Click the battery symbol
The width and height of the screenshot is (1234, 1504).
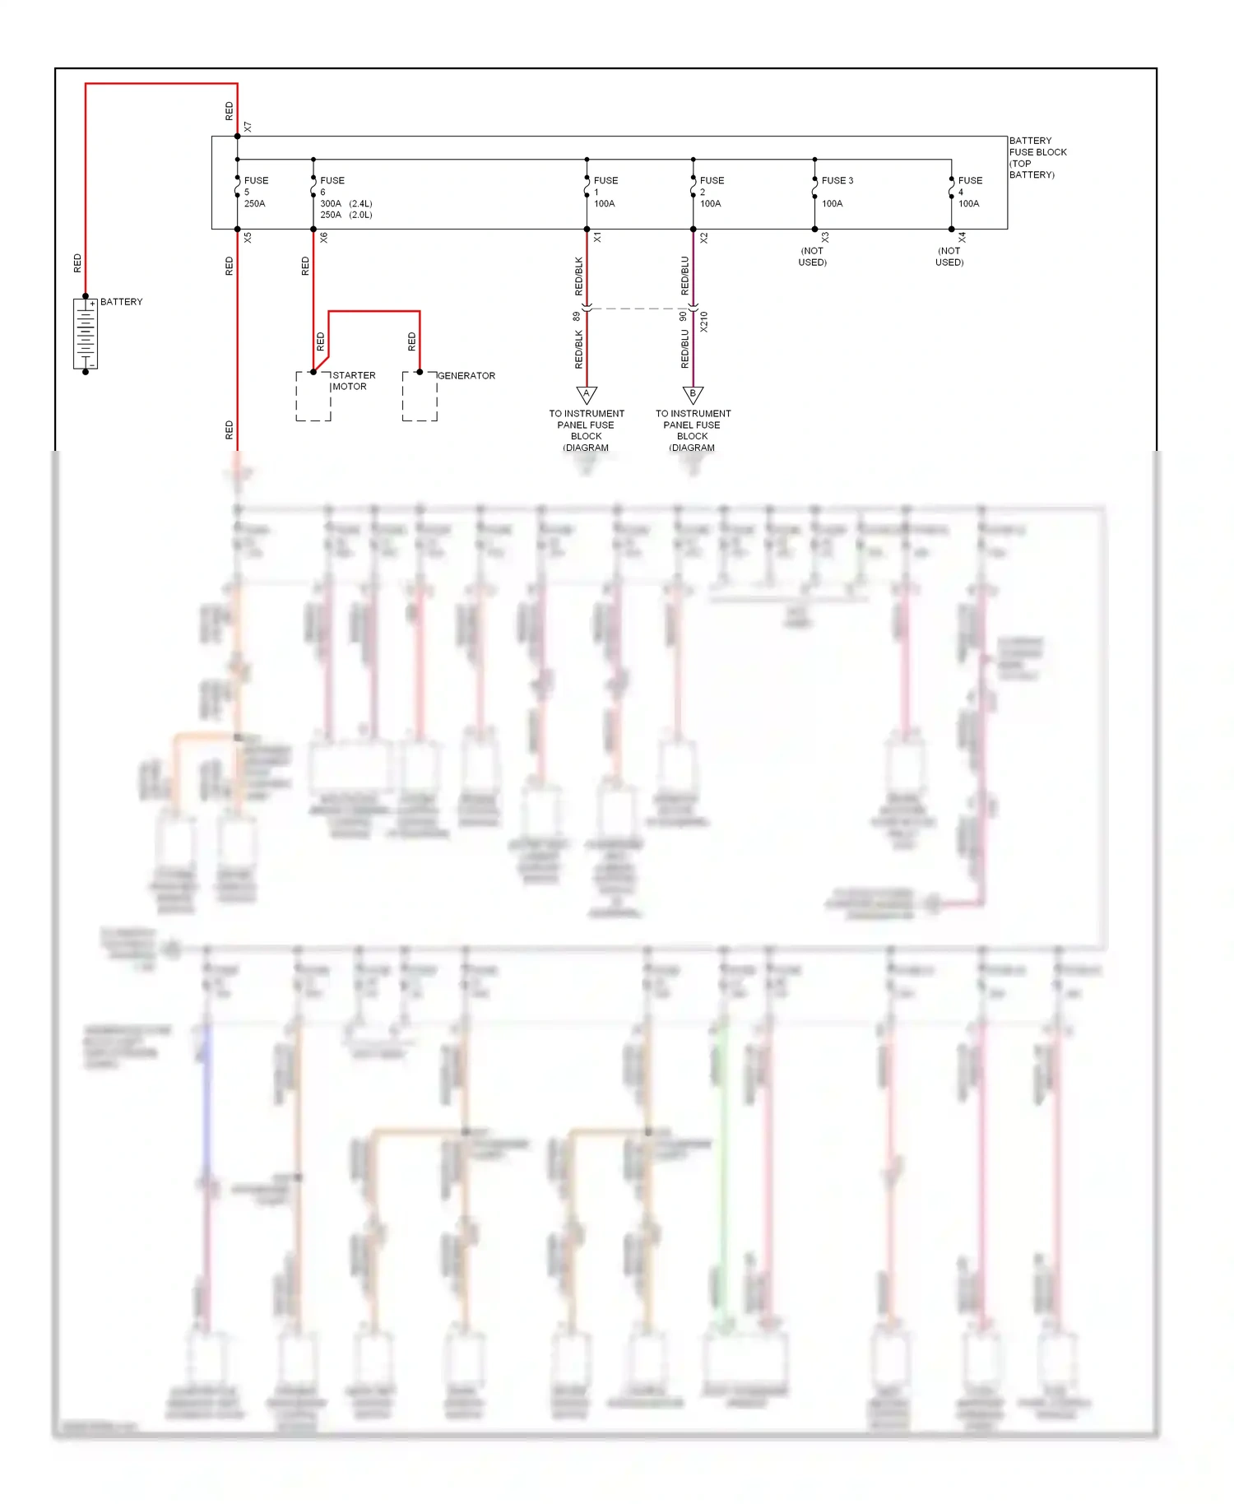(x=86, y=333)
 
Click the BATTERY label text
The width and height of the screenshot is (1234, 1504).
(x=121, y=302)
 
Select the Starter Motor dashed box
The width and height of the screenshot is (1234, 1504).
(x=313, y=397)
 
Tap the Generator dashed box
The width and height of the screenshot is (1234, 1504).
(x=420, y=397)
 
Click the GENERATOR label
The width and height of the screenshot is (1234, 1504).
(x=466, y=376)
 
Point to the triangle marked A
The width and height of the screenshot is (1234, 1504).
(x=587, y=394)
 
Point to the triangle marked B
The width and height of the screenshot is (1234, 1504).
(x=693, y=394)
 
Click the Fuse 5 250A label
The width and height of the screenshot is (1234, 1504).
(x=256, y=192)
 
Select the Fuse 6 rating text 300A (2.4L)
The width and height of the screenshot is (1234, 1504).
(x=346, y=203)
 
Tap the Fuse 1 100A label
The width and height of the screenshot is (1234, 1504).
(x=605, y=192)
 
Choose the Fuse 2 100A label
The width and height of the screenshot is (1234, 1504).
(x=712, y=192)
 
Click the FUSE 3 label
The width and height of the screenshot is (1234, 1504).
(x=837, y=180)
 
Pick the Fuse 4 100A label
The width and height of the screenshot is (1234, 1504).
(x=970, y=192)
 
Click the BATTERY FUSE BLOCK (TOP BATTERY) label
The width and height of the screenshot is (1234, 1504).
(x=1037, y=157)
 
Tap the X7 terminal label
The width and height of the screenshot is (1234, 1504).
(x=248, y=128)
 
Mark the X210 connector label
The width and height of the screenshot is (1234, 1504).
(x=704, y=321)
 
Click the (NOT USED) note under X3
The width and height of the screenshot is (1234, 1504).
(x=812, y=257)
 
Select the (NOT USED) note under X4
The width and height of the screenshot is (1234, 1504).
(x=949, y=257)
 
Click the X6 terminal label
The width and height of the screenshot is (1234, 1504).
(x=324, y=237)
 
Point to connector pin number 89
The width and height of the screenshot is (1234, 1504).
(x=577, y=316)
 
